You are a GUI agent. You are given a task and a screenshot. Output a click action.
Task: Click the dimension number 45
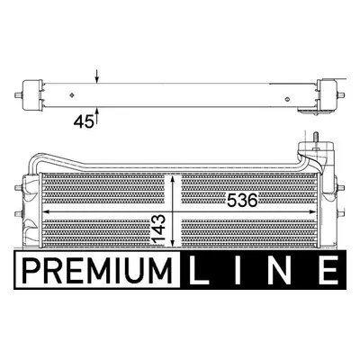tap(84, 122)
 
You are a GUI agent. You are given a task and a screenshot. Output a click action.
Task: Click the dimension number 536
tap(242, 200)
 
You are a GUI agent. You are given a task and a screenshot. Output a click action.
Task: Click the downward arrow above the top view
tap(96, 76)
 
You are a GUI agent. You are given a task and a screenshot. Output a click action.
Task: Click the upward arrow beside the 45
tap(97, 115)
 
